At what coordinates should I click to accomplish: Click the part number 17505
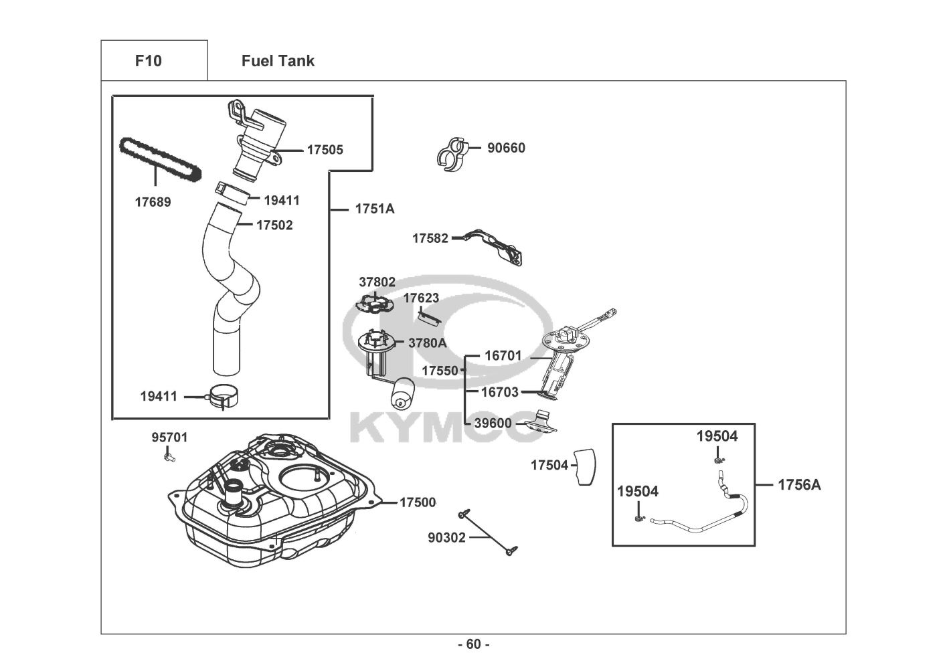(325, 150)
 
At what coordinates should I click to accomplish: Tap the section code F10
(148, 61)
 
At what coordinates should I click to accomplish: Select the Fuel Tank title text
(278, 61)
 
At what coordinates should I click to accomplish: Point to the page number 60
(473, 644)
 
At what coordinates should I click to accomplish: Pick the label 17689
(153, 202)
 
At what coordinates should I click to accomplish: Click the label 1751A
(374, 209)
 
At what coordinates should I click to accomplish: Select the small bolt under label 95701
(169, 458)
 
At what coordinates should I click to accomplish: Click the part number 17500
(418, 502)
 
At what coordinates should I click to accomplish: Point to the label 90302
(446, 537)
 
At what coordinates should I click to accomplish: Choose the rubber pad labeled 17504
(584, 465)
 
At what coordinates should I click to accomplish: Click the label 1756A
(798, 484)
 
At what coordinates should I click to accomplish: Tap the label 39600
(493, 423)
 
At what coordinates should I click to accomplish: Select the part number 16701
(503, 356)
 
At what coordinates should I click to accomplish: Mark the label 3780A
(427, 343)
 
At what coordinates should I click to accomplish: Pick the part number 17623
(421, 298)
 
